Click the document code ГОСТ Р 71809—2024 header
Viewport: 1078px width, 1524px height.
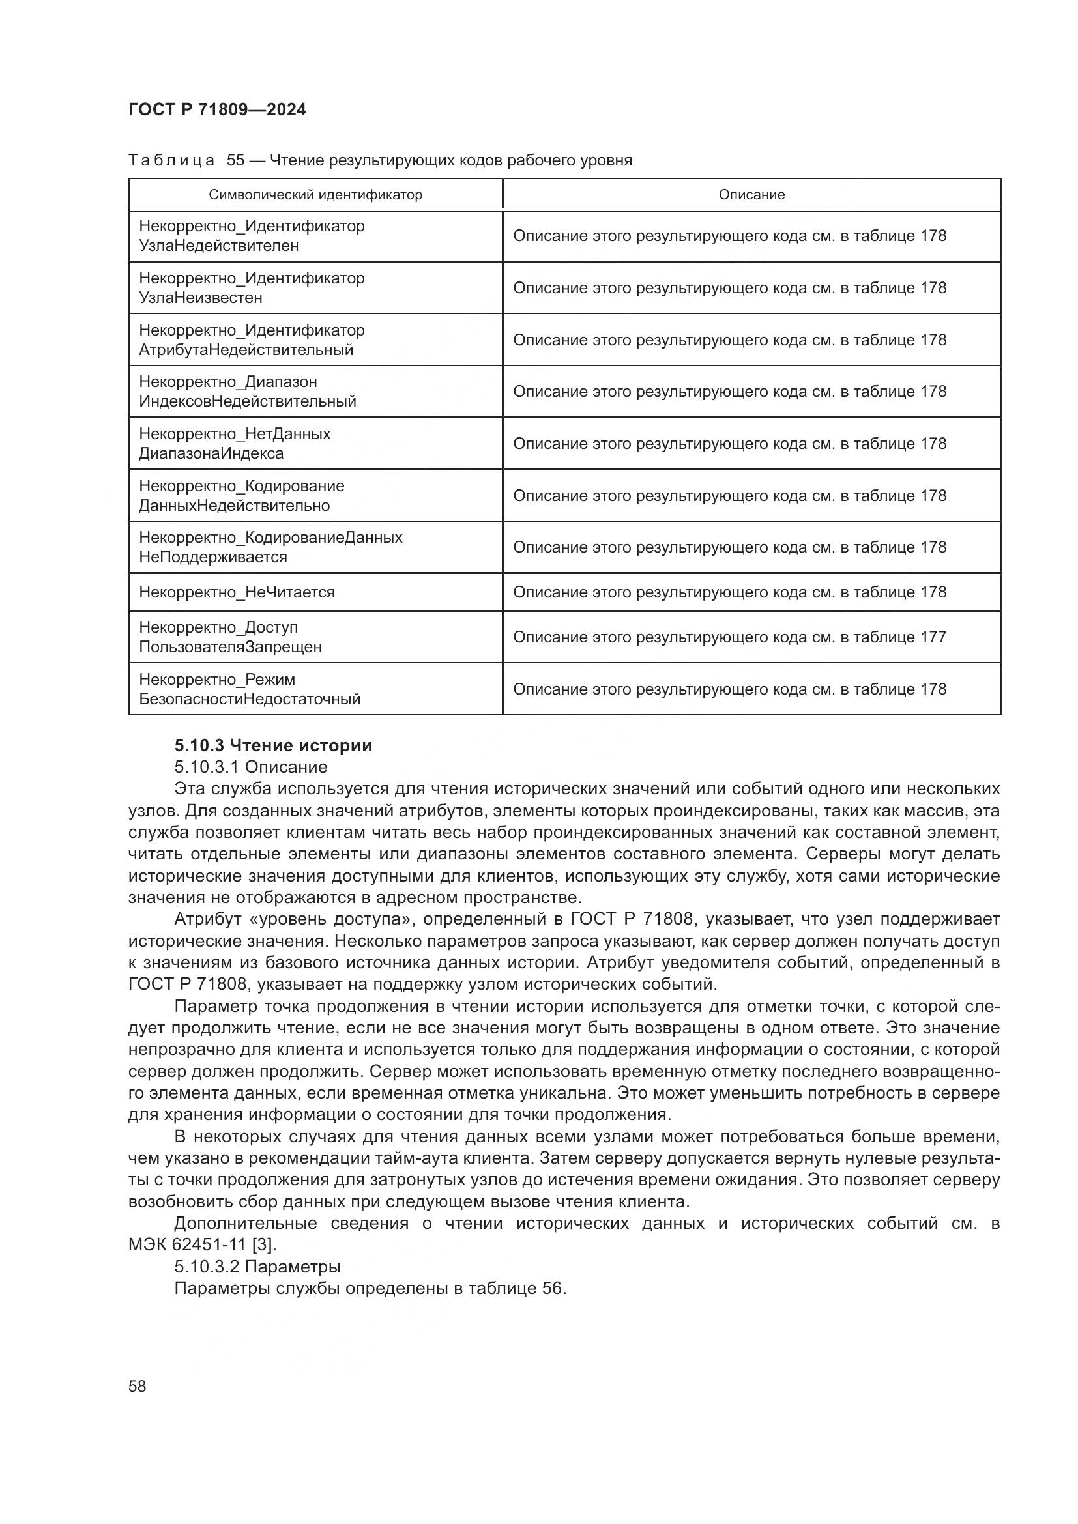tap(217, 109)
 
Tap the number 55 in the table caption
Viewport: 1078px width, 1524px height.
tap(236, 160)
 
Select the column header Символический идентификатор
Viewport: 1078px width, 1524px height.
tap(315, 194)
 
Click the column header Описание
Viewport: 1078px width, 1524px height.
tap(751, 194)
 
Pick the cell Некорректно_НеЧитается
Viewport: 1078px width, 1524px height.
tap(237, 592)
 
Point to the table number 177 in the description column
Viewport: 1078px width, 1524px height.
tap(933, 637)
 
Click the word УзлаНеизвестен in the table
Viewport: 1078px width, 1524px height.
tap(201, 297)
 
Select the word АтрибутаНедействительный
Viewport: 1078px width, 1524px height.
tap(246, 350)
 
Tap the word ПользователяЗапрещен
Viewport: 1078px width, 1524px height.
tap(230, 646)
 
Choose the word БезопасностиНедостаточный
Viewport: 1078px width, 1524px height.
tap(250, 699)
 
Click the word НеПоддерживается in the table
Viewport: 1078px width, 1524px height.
tap(213, 557)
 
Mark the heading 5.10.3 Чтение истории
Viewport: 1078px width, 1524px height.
tap(273, 745)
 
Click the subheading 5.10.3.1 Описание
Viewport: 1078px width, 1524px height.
tap(251, 767)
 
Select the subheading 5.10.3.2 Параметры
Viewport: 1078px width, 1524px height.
tap(257, 1267)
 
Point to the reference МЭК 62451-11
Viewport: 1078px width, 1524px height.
tap(187, 1244)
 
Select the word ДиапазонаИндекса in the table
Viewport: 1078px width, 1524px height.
tap(211, 453)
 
